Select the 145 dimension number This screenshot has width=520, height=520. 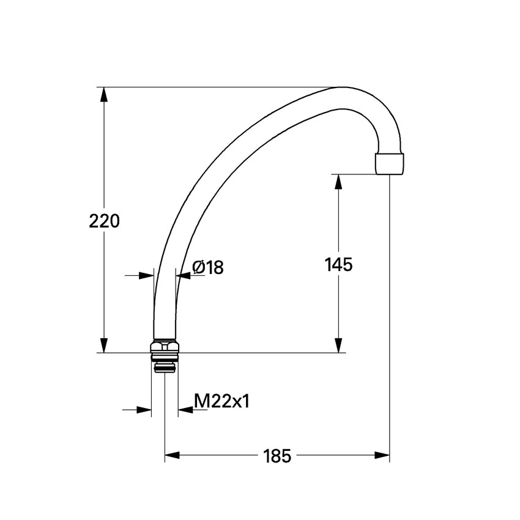coord(338,264)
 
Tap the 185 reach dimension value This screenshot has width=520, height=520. coord(277,456)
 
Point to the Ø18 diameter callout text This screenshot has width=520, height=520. coord(208,267)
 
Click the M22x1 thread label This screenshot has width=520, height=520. coord(221,401)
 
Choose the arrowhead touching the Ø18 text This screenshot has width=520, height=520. coord(182,275)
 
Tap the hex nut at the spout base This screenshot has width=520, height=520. coord(165,348)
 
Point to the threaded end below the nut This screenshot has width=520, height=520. coord(165,365)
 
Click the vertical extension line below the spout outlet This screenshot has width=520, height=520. coord(390,306)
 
